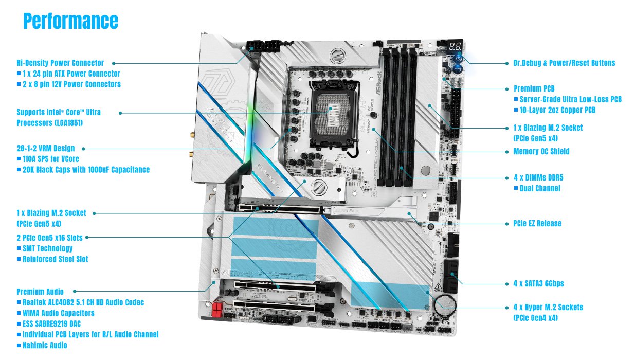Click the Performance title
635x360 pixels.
point(70,21)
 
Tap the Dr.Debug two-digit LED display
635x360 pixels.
point(455,46)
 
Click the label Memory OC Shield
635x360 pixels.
point(541,152)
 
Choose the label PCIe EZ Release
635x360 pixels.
point(537,223)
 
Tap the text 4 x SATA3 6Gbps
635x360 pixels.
point(541,283)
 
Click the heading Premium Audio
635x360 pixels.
point(44,292)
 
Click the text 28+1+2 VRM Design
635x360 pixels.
point(45,148)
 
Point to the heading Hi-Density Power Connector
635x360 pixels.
point(60,63)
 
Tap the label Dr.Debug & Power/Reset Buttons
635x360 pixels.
point(564,63)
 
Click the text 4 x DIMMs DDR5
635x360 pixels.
point(538,177)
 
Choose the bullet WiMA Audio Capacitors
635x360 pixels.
point(58,313)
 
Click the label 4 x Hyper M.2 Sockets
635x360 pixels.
point(548,307)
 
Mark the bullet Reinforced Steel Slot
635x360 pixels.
point(55,259)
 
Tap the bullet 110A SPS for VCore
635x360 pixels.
point(50,159)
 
